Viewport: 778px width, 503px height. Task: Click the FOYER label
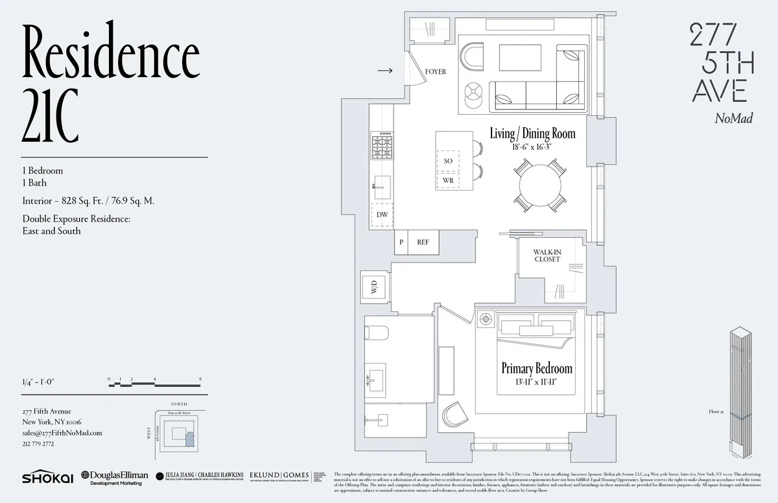point(435,72)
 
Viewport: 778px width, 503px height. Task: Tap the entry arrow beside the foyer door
point(384,71)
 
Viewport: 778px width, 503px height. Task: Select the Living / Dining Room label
point(532,134)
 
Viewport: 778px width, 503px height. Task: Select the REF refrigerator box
point(423,242)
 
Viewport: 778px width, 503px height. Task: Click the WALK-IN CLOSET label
point(547,255)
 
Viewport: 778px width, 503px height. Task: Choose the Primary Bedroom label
point(537,368)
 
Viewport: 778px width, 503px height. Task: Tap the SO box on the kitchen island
point(448,160)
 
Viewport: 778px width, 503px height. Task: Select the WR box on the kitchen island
point(448,180)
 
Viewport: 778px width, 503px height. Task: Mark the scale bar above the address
point(156,383)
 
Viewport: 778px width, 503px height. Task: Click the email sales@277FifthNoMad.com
point(62,433)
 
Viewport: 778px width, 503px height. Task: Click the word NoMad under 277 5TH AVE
point(733,118)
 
